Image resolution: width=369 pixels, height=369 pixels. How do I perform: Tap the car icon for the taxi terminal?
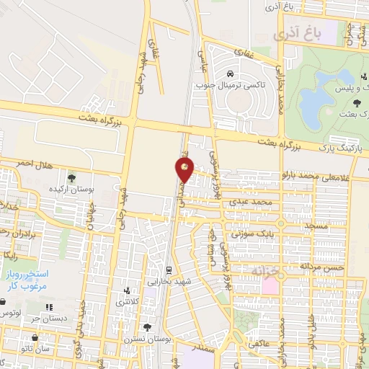pyautogui.click(x=228, y=74)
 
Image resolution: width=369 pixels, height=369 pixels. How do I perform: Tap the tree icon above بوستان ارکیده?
pyautogui.click(x=71, y=177)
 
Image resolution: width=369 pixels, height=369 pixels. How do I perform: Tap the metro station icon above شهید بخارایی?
pyautogui.click(x=168, y=272)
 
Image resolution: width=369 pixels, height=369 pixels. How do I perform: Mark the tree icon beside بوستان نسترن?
pyautogui.click(x=148, y=328)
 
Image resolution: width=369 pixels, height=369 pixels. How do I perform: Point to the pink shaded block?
pyautogui.click(x=270, y=286)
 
